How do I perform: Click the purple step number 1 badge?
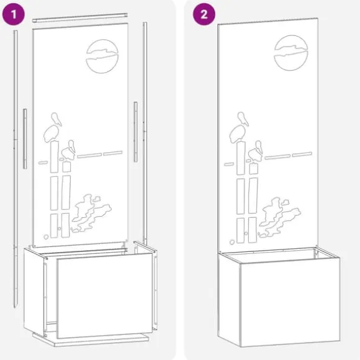click(x=13, y=14)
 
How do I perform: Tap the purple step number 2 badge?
click(x=204, y=14)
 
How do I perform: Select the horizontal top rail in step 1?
click(x=80, y=18)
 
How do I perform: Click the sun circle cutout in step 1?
click(x=102, y=56)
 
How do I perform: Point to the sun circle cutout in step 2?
click(x=291, y=53)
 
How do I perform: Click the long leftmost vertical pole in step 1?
click(x=16, y=169)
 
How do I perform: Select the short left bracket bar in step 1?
click(x=25, y=139)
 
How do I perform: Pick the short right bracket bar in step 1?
click(x=136, y=132)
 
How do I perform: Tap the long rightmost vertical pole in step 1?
click(x=145, y=133)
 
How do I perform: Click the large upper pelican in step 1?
click(x=52, y=129)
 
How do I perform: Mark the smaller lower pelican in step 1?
click(x=69, y=150)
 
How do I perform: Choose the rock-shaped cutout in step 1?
click(x=91, y=212)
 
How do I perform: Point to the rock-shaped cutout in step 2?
click(x=279, y=216)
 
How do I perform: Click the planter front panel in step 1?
click(x=105, y=295)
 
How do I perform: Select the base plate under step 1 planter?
click(x=91, y=340)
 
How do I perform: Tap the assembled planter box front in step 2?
click(x=290, y=302)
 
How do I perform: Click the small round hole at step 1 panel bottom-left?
click(x=46, y=237)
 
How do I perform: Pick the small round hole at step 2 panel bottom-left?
click(x=232, y=242)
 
